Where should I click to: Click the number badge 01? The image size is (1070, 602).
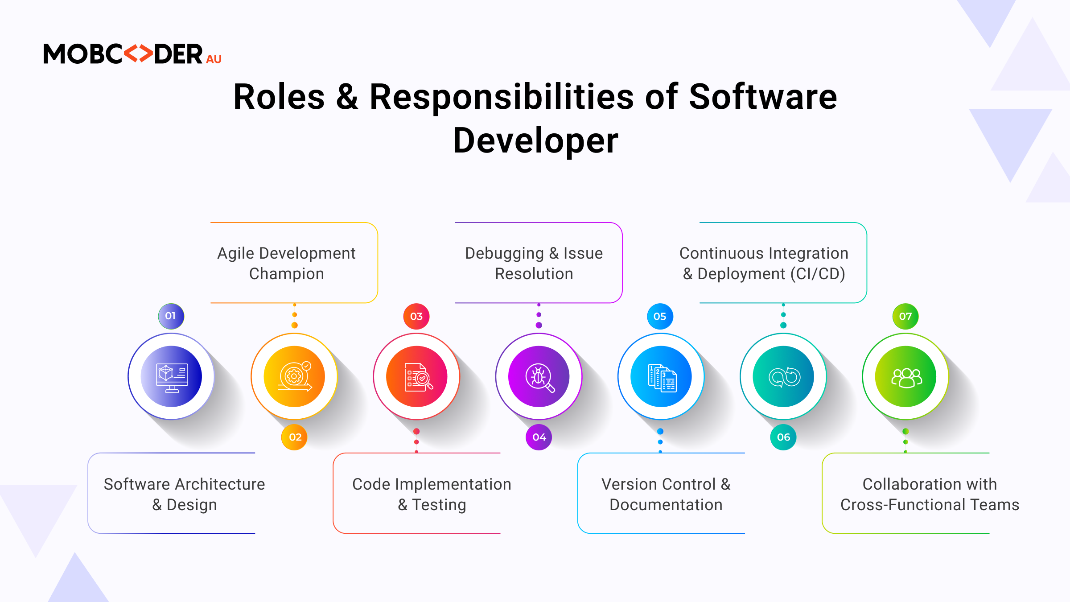click(171, 316)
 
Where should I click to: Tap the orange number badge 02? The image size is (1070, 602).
click(294, 437)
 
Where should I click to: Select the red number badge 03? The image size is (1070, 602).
click(416, 316)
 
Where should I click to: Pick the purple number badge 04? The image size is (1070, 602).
click(539, 437)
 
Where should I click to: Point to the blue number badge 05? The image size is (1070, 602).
click(660, 316)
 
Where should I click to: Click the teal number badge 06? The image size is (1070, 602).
click(783, 437)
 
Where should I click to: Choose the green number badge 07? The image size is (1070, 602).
click(905, 316)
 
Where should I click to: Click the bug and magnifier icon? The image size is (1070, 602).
click(540, 378)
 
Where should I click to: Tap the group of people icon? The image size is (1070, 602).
click(906, 378)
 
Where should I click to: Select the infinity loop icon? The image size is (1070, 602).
click(784, 377)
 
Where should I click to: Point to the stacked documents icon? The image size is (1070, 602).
click(662, 378)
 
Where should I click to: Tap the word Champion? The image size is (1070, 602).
click(287, 274)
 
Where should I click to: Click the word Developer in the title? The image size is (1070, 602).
click(535, 140)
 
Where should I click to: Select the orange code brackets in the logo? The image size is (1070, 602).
click(138, 54)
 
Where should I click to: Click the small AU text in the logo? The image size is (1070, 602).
click(214, 59)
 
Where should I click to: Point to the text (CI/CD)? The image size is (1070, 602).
click(818, 274)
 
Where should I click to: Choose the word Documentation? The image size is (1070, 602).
click(666, 505)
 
